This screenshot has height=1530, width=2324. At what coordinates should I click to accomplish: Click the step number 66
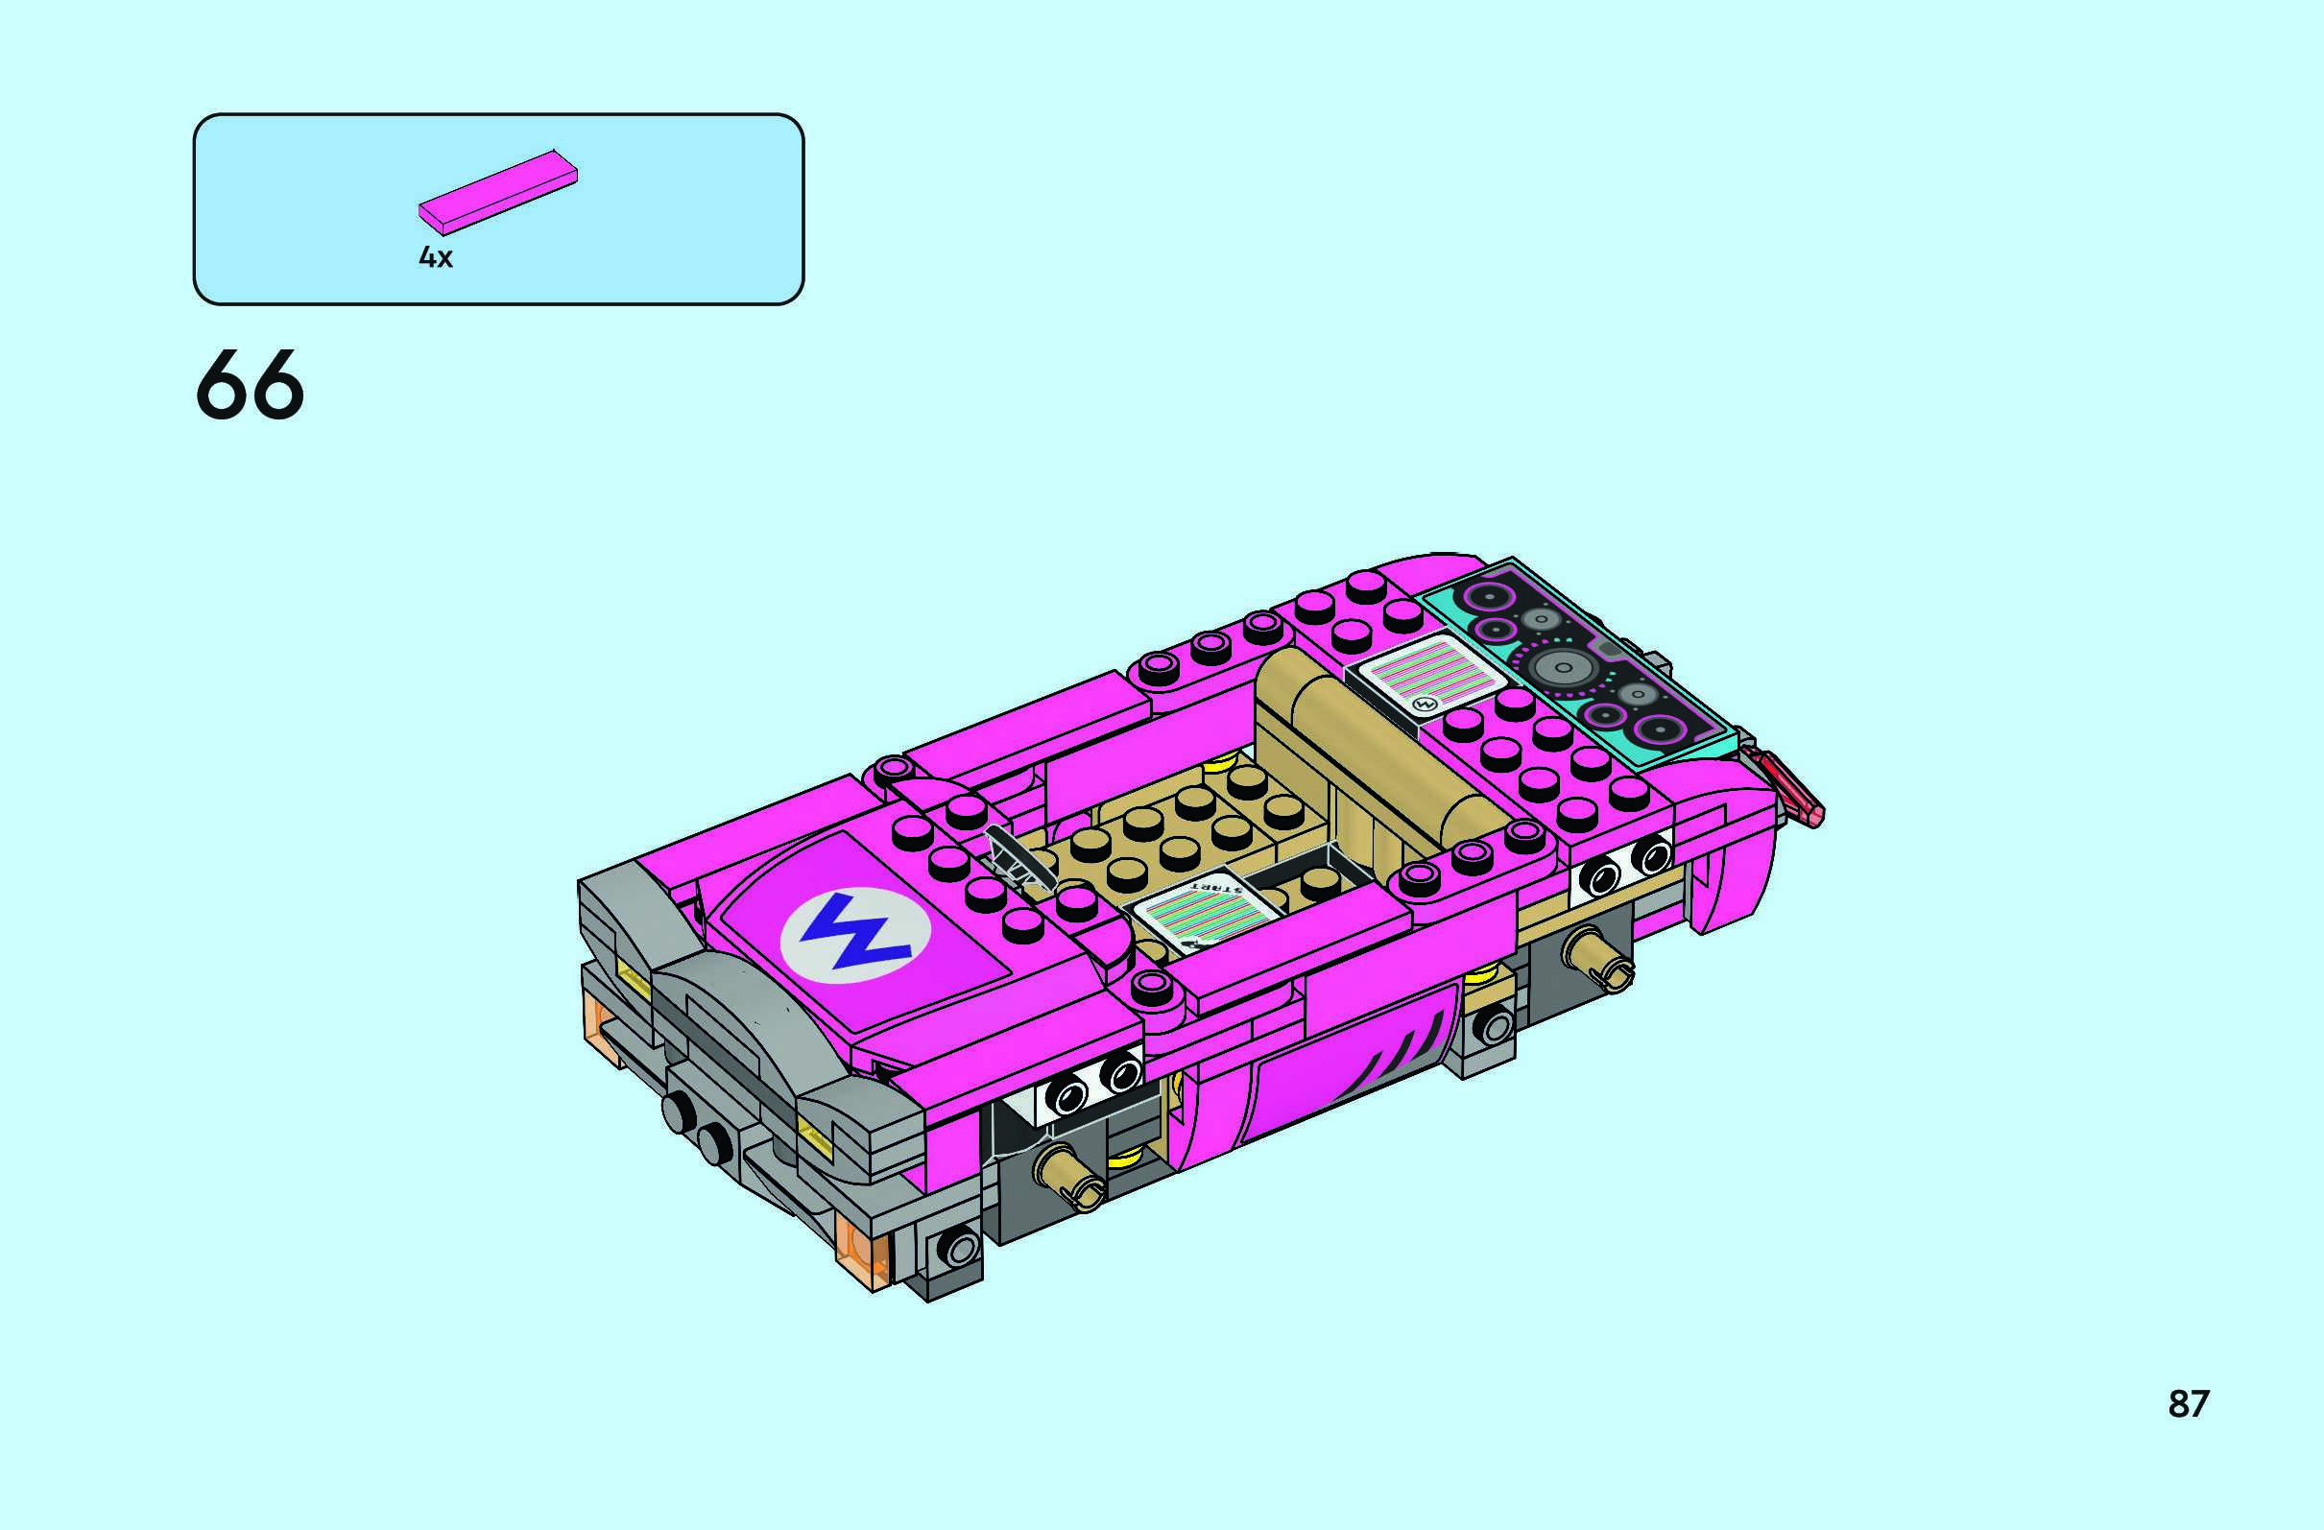click(250, 386)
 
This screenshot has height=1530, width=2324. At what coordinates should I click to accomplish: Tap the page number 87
click(2189, 1403)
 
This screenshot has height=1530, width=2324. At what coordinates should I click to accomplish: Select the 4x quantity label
click(436, 257)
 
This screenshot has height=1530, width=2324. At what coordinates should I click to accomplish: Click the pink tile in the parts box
click(498, 192)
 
